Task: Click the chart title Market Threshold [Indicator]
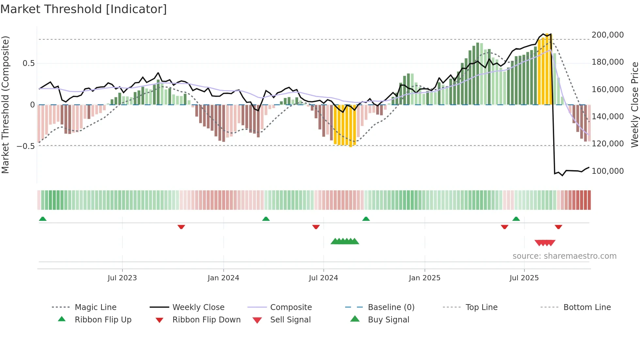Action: [x=84, y=9]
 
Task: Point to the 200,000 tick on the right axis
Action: [x=607, y=35]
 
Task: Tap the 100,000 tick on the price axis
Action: [x=607, y=171]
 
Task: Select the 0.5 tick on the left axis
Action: [x=28, y=63]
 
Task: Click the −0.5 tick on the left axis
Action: [x=26, y=146]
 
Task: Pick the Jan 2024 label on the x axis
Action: [x=223, y=278]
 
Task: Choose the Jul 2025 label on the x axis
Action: [x=524, y=278]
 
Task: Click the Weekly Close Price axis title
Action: [x=634, y=105]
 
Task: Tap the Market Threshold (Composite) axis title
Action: [x=5, y=105]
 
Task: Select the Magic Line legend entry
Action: [x=95, y=307]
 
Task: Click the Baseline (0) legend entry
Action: [x=391, y=307]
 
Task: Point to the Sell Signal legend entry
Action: [x=290, y=320]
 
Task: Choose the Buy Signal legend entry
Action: [x=388, y=320]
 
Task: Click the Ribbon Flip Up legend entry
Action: [x=103, y=320]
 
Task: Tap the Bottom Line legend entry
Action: [x=587, y=307]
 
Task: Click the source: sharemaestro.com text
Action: [x=564, y=256]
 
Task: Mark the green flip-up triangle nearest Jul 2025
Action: [x=516, y=219]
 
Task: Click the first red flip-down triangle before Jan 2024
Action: [x=181, y=227]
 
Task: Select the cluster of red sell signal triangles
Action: [x=545, y=243]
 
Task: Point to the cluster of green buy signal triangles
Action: [x=345, y=241]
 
